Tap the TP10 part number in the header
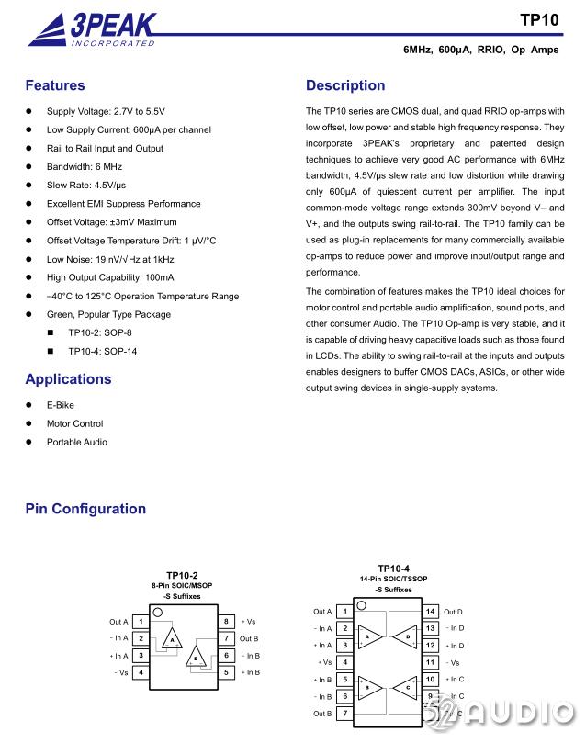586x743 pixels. (x=539, y=19)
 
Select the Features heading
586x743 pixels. (x=55, y=86)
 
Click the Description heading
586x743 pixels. (x=345, y=86)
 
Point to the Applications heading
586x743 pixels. (x=68, y=379)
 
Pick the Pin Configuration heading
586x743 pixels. (x=85, y=509)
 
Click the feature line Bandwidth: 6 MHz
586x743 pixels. (x=85, y=167)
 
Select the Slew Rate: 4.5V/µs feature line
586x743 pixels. (x=86, y=186)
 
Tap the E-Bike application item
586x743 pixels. (x=61, y=405)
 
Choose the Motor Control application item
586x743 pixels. (x=74, y=423)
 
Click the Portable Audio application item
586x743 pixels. (x=77, y=442)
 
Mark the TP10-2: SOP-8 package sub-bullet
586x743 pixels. (x=100, y=332)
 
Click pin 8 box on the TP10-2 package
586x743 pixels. (x=226, y=622)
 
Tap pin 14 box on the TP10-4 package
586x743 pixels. (x=429, y=612)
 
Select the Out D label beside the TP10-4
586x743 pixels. (x=454, y=612)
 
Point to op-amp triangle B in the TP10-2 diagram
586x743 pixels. (x=196, y=659)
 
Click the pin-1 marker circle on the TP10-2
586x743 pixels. (x=158, y=613)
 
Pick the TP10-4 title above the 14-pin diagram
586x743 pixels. (x=394, y=569)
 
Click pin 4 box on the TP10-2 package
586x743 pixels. (x=141, y=672)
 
